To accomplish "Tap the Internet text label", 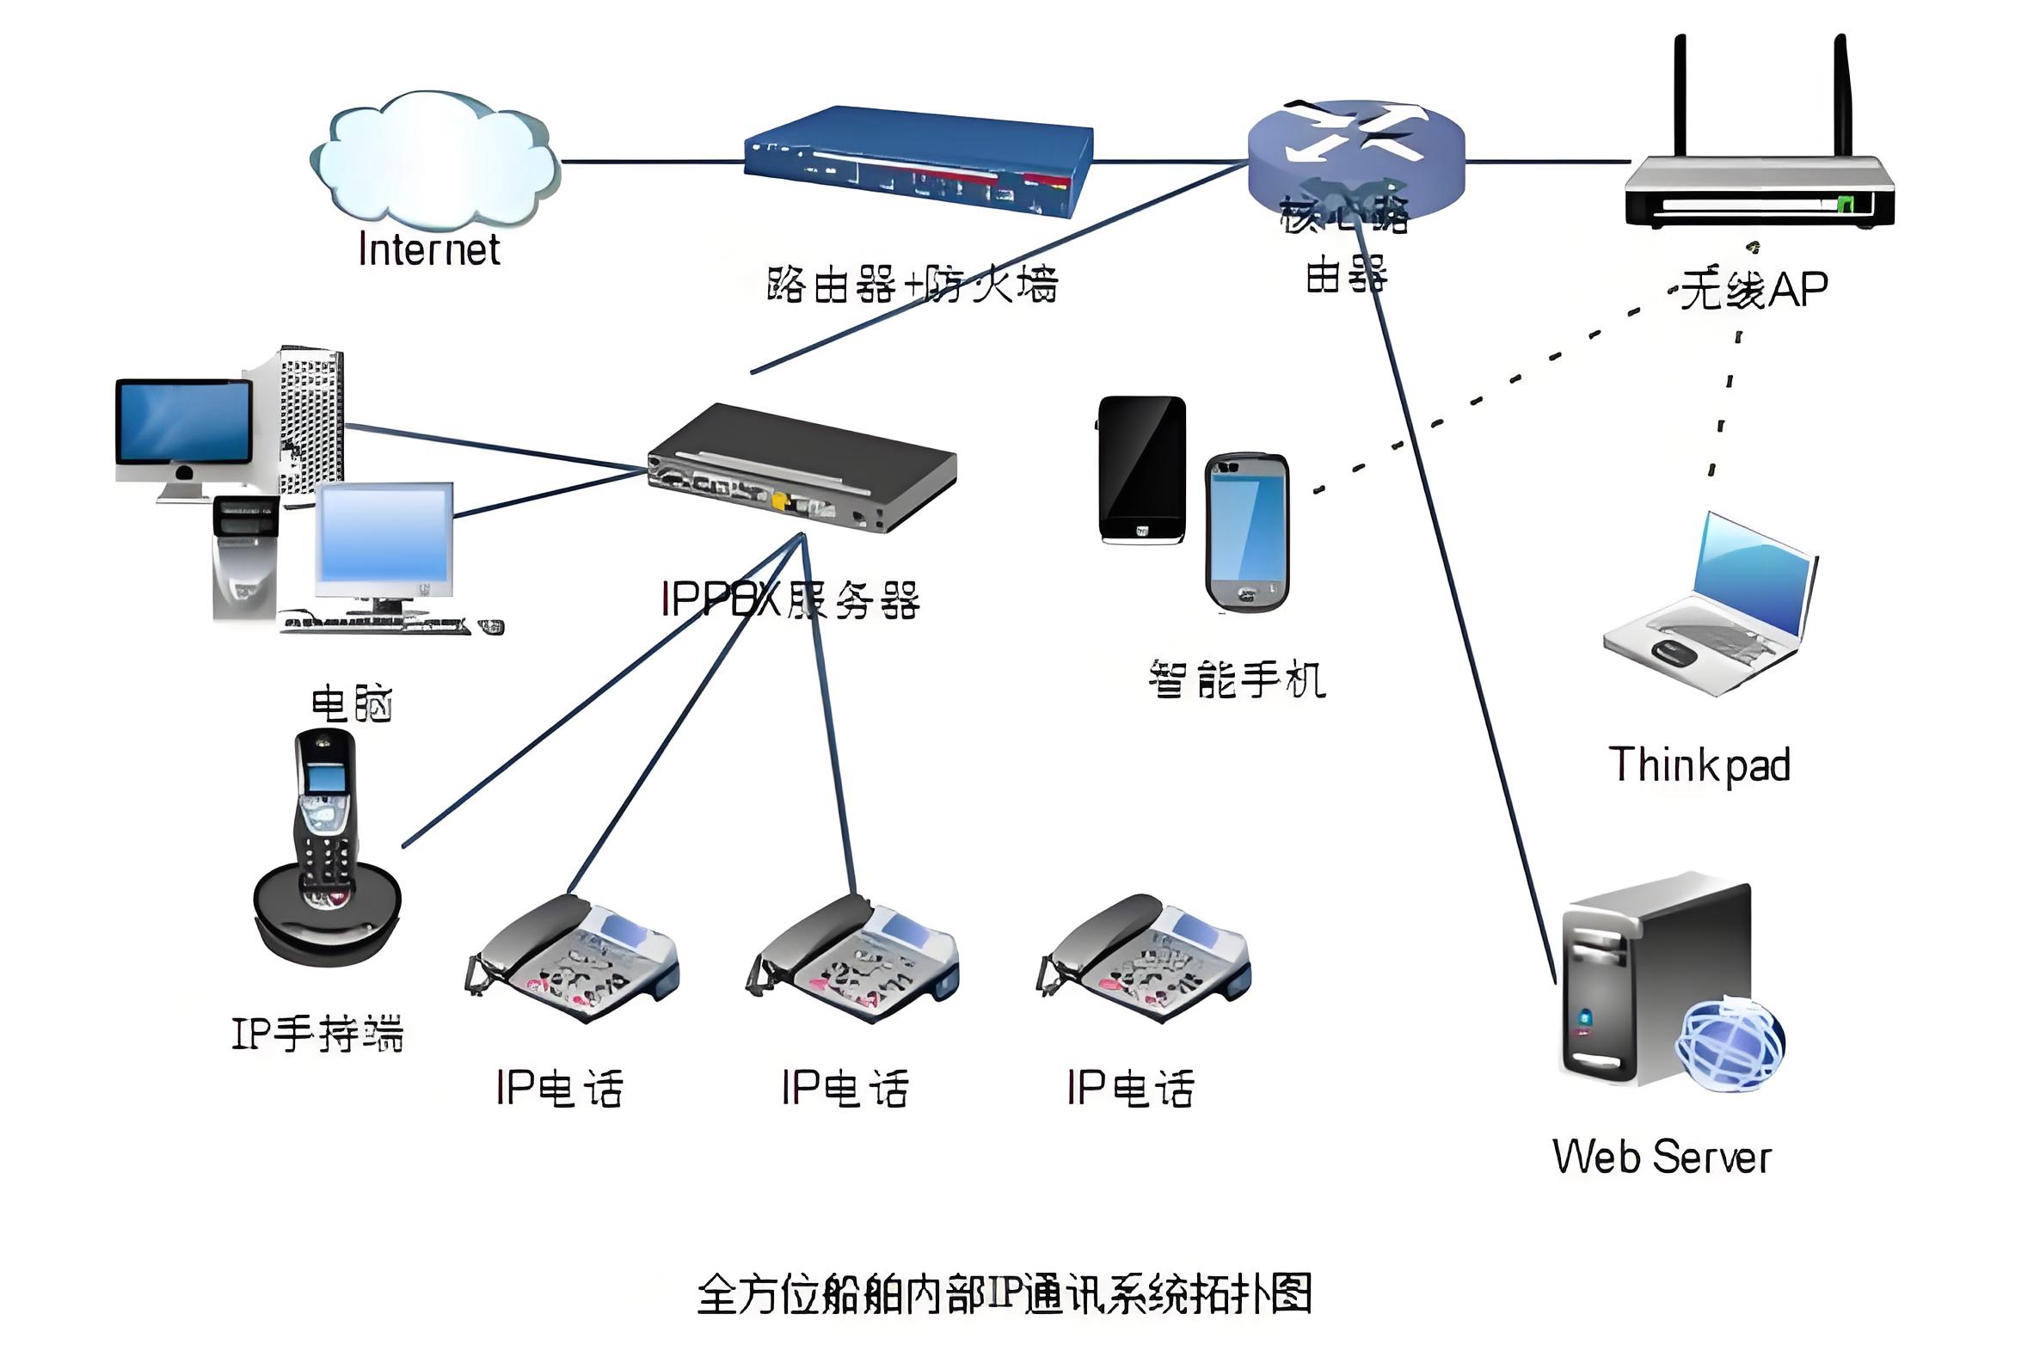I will [428, 250].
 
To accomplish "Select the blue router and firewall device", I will [917, 162].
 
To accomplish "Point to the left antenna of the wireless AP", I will [1680, 95].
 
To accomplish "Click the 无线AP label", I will [1754, 289].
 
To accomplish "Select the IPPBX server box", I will [802, 470].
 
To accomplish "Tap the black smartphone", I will [1142, 470].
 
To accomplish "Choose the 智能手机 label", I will [1237, 679].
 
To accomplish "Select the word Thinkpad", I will [1699, 765].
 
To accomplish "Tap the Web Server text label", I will [1662, 1157].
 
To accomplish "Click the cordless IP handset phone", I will [326, 847].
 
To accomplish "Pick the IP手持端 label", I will [317, 1033].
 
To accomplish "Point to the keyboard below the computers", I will [378, 625].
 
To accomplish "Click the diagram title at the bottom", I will [1005, 1294].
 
